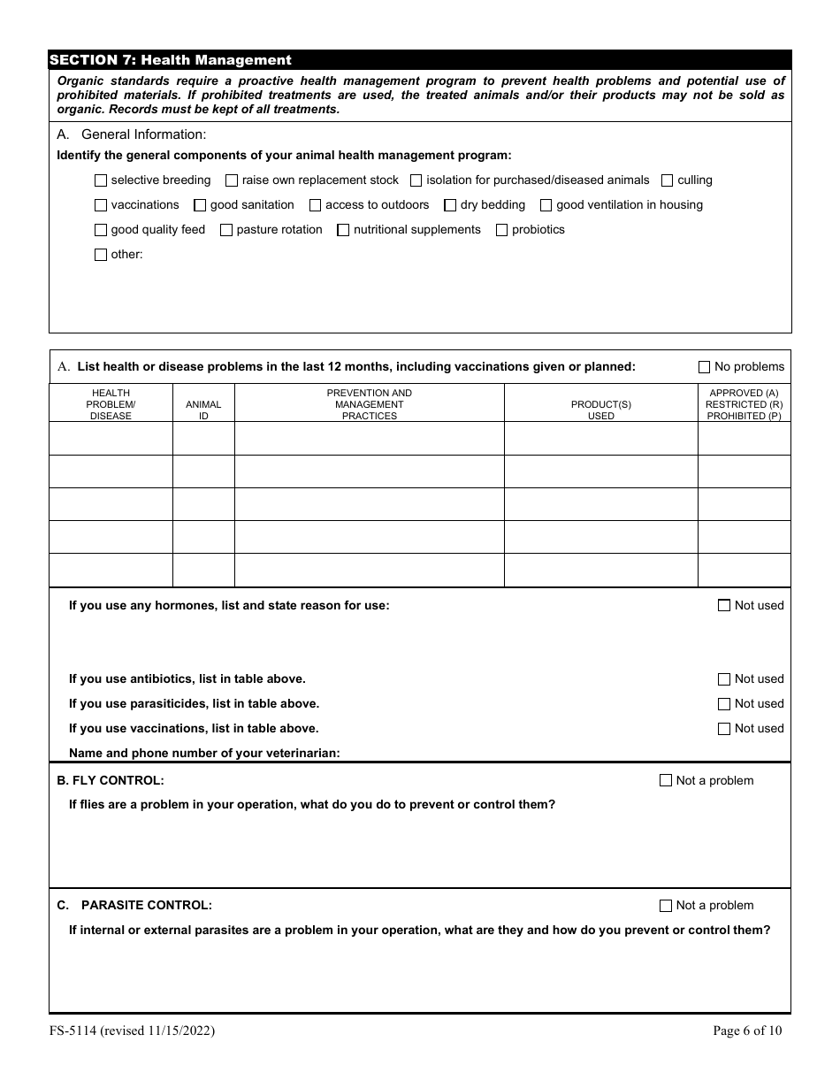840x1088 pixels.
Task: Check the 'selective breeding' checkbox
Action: pos(101,180)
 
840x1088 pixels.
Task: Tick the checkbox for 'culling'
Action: pos(668,180)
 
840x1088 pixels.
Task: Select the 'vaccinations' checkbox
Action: pos(101,205)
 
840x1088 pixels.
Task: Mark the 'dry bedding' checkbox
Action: pos(450,205)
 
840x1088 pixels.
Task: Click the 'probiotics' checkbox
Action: pos(502,230)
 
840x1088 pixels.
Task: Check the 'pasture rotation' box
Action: pos(226,230)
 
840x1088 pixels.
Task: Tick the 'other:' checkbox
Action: pos(101,255)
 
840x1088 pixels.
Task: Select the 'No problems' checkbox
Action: pos(705,367)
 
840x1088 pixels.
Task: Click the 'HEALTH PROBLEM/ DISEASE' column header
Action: pos(111,404)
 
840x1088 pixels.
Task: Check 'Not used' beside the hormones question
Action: pos(724,606)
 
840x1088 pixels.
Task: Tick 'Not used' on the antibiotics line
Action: pos(724,679)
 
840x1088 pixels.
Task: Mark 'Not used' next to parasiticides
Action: pos(724,704)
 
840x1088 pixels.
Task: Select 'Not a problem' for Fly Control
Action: pos(666,781)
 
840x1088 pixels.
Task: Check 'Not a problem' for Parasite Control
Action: pos(666,906)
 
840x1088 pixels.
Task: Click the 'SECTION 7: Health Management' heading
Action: pos(171,60)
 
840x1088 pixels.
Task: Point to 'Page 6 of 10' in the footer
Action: pos(747,1031)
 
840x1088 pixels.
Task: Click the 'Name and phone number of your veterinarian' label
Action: pos(204,754)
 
